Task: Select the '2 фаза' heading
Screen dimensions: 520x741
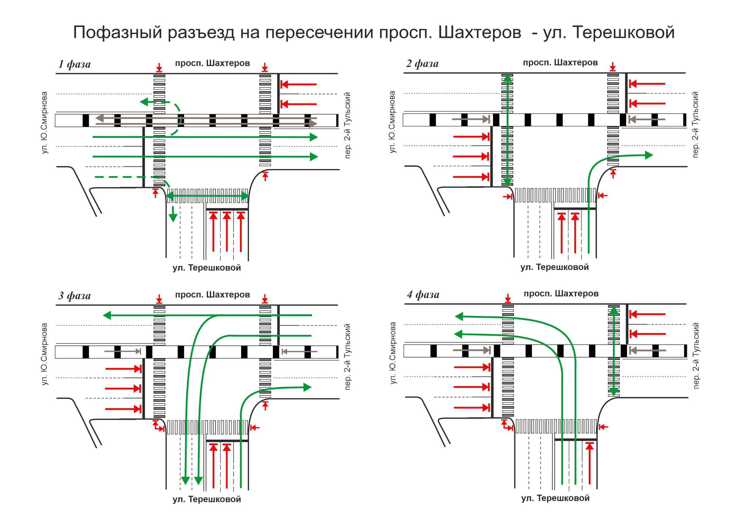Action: pos(422,64)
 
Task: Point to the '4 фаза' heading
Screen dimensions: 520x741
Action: pos(423,294)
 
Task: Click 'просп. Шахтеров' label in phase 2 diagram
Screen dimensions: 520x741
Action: pos(560,62)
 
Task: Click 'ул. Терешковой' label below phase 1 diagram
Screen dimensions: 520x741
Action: pos(207,268)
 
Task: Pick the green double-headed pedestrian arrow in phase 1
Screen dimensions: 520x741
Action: pos(207,196)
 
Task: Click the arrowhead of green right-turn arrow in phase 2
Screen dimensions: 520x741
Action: pos(649,155)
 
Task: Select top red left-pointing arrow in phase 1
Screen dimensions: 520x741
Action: pos(298,84)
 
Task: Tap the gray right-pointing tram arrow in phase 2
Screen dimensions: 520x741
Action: pos(471,119)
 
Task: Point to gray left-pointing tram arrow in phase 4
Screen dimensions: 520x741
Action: pos(647,350)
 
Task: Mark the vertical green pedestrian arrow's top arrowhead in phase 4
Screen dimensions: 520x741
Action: pos(614,310)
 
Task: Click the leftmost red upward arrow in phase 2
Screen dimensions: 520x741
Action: pos(562,232)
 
